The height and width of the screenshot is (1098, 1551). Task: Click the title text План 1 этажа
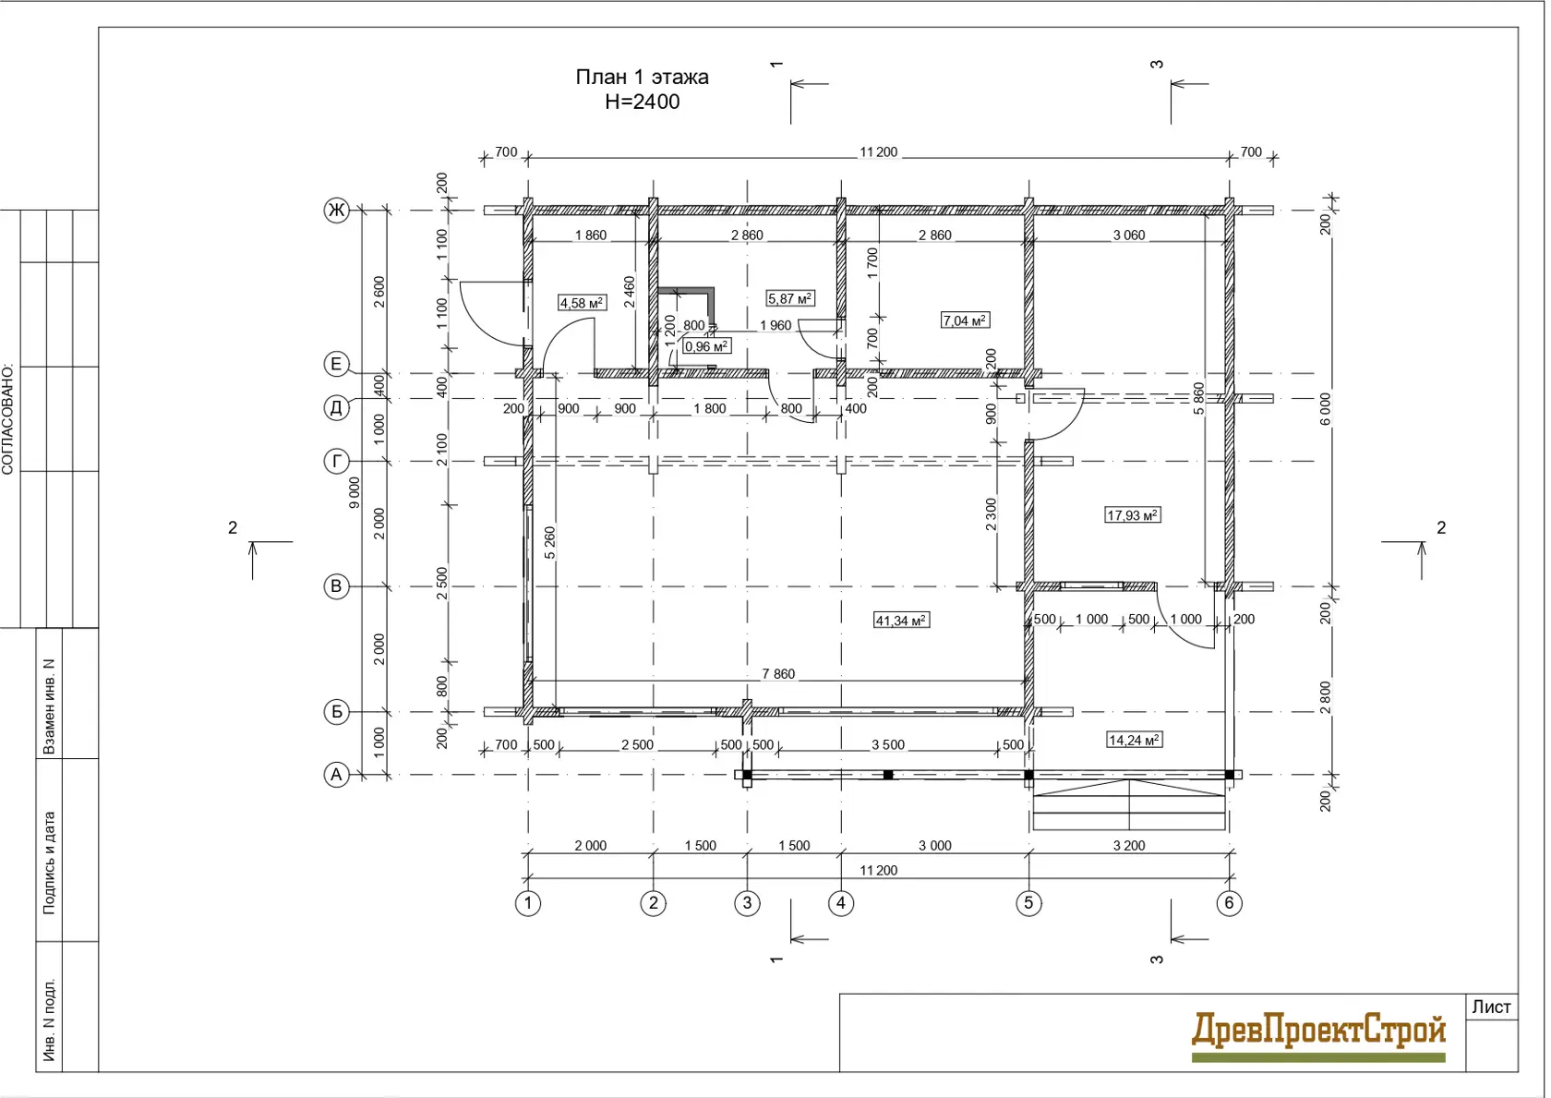coord(642,77)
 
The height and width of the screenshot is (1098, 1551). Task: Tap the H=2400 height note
coord(642,102)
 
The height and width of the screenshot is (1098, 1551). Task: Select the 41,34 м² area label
coord(901,620)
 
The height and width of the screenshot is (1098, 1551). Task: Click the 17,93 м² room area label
coord(1133,514)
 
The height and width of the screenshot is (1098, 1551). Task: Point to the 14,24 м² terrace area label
coord(1135,740)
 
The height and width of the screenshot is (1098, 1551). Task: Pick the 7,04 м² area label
coord(966,320)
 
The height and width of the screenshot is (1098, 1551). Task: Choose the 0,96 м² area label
coord(706,346)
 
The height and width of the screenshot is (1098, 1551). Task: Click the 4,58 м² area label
coord(583,303)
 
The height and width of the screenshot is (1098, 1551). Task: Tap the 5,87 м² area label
coord(790,298)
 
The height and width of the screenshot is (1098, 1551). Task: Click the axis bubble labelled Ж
coord(336,210)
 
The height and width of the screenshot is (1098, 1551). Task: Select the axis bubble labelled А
coord(336,775)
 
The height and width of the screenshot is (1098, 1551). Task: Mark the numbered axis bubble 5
coord(1028,902)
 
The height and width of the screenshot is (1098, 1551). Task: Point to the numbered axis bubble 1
coord(528,902)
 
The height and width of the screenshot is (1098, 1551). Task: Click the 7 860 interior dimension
coord(778,673)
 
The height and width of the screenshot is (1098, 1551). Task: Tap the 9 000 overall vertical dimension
coord(355,492)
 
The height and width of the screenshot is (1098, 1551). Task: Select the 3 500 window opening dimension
coord(888,744)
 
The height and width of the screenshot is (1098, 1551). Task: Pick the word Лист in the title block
coord(1492,1008)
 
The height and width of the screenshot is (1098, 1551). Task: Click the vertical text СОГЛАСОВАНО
coord(7,420)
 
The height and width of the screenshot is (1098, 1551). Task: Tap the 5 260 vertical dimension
coord(550,543)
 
